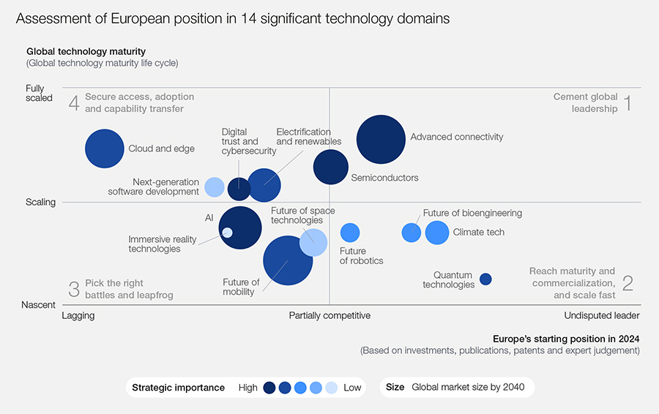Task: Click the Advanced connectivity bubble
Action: click(381, 140)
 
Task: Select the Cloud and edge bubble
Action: click(105, 148)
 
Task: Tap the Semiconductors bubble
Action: click(331, 167)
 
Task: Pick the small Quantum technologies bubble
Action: click(485, 279)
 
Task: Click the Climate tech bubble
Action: click(436, 233)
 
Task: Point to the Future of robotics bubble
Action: click(350, 233)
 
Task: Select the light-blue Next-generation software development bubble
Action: click(214, 187)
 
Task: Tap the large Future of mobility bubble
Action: click(288, 260)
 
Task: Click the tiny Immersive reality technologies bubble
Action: click(227, 233)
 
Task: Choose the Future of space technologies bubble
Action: click(313, 242)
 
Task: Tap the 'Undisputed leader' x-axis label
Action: click(601, 316)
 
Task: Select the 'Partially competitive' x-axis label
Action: click(329, 316)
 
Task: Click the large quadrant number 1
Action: click(627, 102)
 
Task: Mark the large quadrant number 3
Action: click(73, 289)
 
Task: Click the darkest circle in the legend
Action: click(269, 388)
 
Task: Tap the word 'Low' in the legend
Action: click(352, 388)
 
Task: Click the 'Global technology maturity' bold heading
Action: click(86, 52)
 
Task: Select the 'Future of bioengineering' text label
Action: click(472, 214)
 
